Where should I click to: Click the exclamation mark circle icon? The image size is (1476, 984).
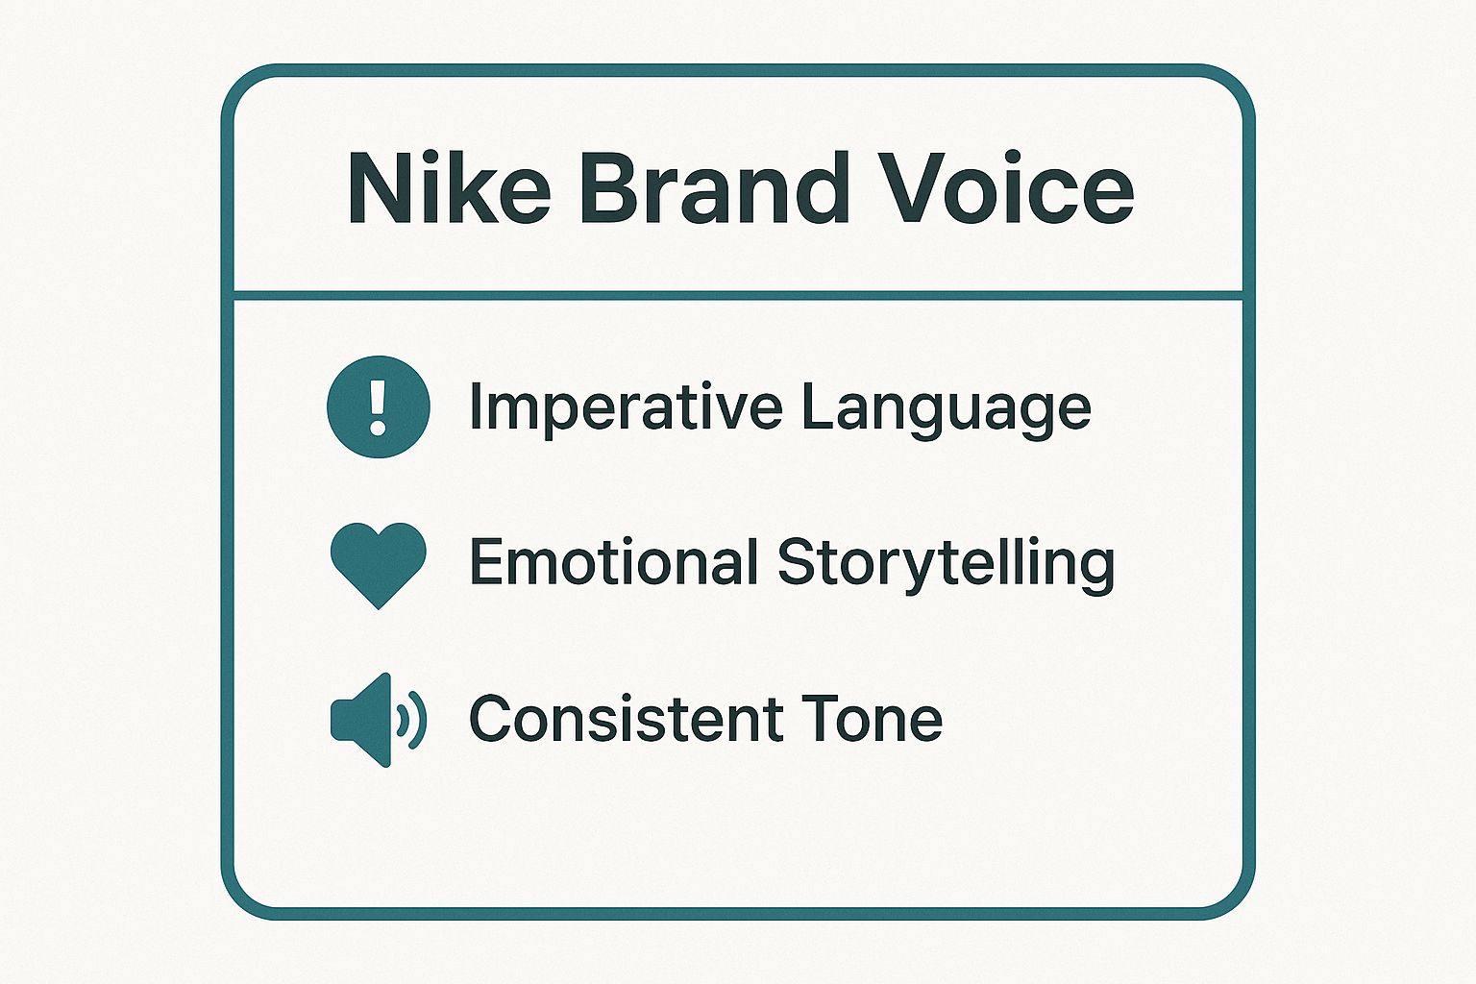(379, 406)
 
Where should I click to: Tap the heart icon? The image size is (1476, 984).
(379, 563)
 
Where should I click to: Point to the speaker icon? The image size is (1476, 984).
(377, 719)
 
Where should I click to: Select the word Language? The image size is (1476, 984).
(946, 408)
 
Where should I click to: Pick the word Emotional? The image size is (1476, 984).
(614, 562)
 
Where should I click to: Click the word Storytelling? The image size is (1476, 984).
(946, 563)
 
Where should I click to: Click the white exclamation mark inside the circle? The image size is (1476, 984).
(379, 406)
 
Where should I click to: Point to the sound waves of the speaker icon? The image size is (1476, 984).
(414, 719)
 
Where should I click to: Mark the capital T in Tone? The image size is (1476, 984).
(819, 719)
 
